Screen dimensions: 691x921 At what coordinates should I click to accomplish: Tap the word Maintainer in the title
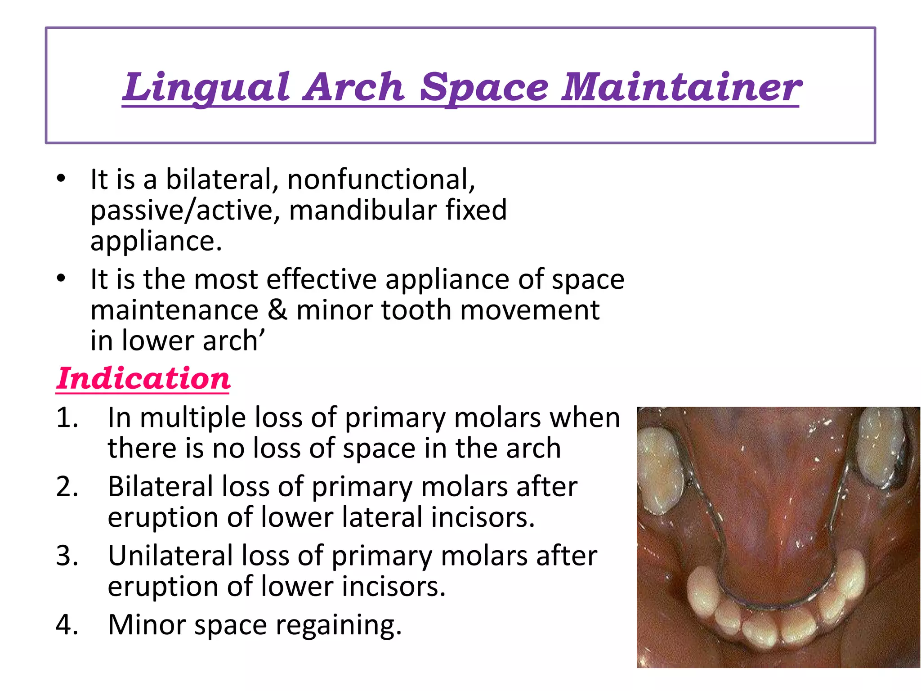[x=681, y=87]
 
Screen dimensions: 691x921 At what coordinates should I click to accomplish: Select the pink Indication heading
[x=143, y=379]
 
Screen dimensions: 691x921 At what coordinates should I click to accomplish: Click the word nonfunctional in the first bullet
[x=380, y=179]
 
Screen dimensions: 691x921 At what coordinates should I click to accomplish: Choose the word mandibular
[x=362, y=211]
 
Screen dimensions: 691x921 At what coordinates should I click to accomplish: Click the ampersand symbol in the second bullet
[x=277, y=310]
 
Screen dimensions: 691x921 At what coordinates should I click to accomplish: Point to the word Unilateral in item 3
[x=170, y=556]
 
